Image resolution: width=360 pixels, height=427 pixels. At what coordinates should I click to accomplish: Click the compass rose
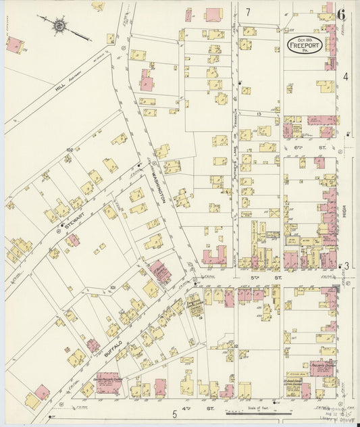coord(59,26)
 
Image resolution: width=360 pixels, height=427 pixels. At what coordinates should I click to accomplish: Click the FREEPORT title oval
coord(303,47)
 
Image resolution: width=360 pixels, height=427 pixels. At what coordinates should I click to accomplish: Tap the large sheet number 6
coord(341,14)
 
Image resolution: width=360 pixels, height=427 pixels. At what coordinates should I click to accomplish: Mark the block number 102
coord(69,149)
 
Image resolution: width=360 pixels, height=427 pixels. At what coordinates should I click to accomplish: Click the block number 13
coord(259,115)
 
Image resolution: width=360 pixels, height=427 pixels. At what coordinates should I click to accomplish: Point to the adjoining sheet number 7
coord(248,11)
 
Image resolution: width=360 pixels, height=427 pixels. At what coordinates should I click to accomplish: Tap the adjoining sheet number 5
coord(174,413)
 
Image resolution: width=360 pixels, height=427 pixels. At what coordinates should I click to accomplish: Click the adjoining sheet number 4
coord(345,76)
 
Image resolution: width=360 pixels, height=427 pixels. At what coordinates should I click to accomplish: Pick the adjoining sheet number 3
coord(346,266)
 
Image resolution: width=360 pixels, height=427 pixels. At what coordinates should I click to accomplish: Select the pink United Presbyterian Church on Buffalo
coord(108,383)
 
